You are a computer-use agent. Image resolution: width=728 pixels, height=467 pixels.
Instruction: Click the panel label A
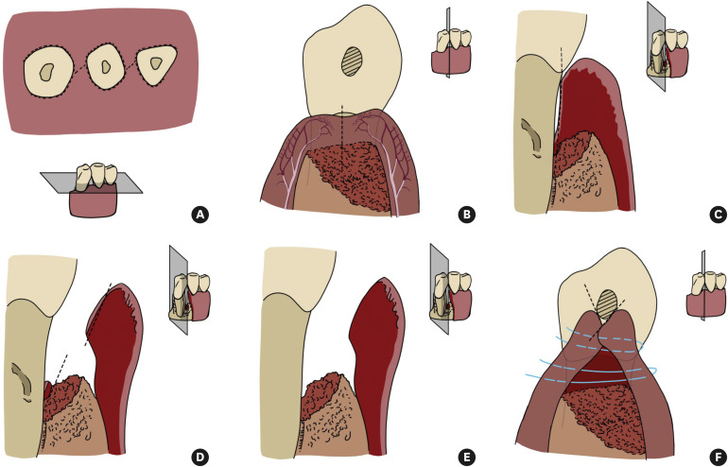[x=199, y=215]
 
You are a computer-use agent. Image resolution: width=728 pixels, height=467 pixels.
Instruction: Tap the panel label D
[x=199, y=456]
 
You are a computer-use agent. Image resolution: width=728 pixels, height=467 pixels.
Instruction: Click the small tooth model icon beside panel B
[x=450, y=52]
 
